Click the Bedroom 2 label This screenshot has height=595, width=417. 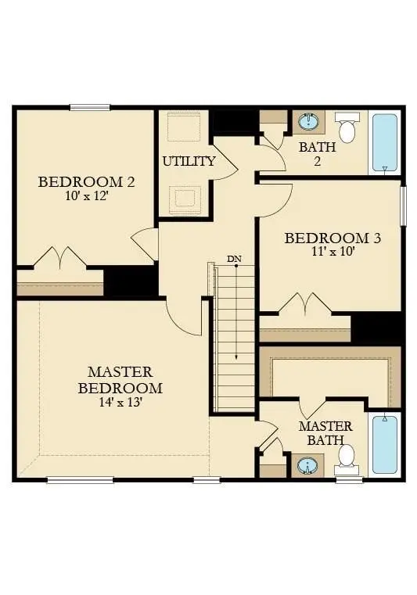point(87,182)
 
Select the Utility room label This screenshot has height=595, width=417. point(189,162)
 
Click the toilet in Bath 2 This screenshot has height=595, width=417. point(347,127)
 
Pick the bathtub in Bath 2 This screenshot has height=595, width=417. point(384,143)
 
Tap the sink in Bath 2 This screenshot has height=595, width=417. point(307,122)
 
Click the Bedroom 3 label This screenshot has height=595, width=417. point(333,238)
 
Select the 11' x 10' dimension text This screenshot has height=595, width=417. point(333,252)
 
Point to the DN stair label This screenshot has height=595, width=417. point(234,258)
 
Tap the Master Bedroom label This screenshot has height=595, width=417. point(120,379)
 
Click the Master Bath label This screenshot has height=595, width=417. point(325,433)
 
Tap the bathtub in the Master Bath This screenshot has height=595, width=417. point(384,444)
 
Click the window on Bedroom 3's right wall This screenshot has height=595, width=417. point(404,206)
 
